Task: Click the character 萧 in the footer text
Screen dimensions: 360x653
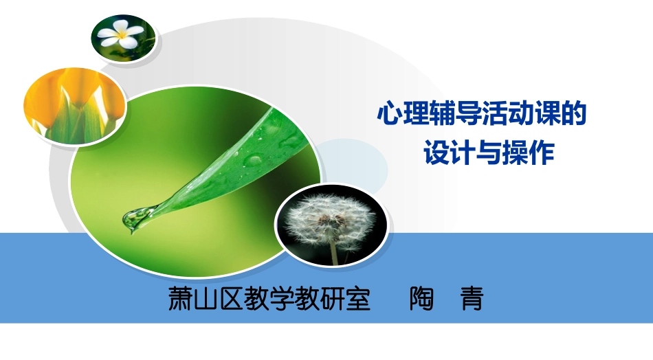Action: click(x=181, y=300)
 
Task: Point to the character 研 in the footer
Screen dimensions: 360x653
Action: click(x=333, y=300)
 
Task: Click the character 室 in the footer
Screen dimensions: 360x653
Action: click(x=358, y=300)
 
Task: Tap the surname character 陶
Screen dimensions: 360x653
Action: click(x=421, y=300)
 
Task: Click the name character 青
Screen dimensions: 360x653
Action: click(x=472, y=300)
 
